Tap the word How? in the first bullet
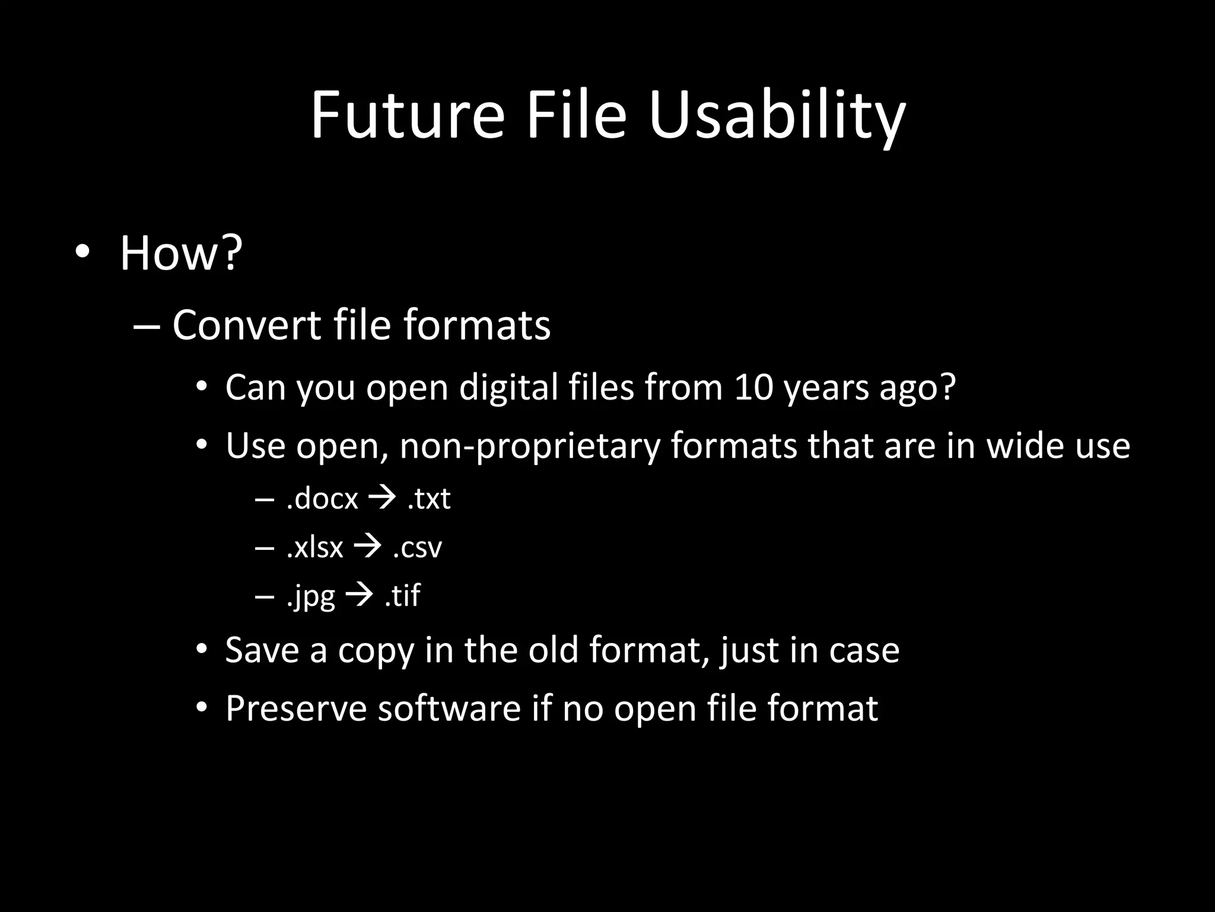click(181, 254)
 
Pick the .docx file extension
click(322, 499)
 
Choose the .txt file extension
click(429, 499)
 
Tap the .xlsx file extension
click(314, 547)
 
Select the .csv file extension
click(418, 547)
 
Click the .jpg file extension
click(311, 596)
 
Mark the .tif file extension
click(402, 596)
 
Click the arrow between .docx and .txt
click(382, 498)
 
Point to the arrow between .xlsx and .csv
click(367, 546)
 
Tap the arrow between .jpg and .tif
click(359, 594)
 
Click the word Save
click(262, 650)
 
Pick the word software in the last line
click(449, 708)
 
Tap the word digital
click(509, 387)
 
